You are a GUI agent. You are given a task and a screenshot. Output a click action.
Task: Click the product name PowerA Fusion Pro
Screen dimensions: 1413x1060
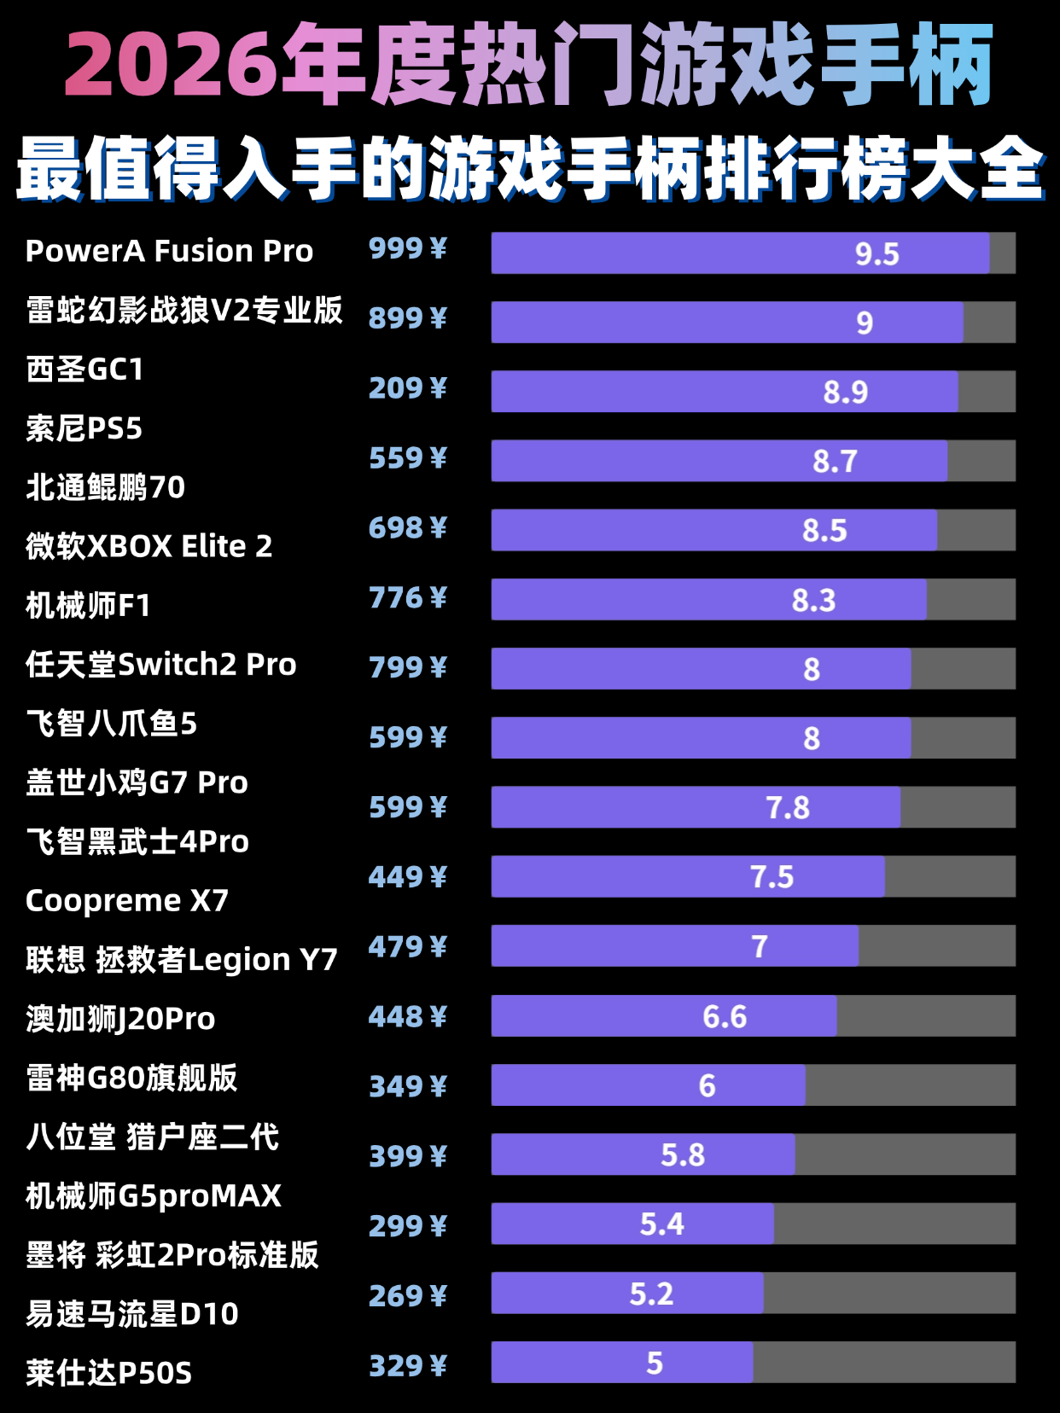tap(169, 252)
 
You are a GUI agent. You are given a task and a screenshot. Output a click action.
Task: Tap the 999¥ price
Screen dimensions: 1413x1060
tap(407, 249)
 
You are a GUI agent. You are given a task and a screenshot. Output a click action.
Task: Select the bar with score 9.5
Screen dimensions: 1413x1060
tap(739, 253)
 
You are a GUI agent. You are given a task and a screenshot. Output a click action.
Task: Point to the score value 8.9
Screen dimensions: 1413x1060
tap(845, 392)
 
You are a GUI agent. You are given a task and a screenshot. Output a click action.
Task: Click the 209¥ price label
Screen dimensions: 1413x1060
tap(407, 388)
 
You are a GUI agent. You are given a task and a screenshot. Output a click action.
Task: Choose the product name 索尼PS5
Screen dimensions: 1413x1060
tap(84, 428)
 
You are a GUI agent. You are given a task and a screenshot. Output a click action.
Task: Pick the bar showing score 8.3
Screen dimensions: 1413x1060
tap(708, 600)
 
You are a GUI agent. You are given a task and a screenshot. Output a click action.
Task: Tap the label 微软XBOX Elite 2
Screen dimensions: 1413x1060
tap(149, 546)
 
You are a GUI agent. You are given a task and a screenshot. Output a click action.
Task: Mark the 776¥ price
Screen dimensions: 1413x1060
tap(407, 598)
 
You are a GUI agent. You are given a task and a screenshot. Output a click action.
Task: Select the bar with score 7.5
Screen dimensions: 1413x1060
tap(688, 877)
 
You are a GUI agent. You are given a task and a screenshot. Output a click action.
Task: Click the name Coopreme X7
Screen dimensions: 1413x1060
tap(127, 901)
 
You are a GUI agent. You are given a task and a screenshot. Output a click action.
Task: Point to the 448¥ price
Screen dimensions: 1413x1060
tap(407, 1017)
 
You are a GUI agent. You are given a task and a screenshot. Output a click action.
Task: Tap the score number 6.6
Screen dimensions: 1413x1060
tap(725, 1017)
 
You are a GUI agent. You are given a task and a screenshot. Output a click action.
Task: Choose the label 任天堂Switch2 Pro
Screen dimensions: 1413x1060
tap(160, 665)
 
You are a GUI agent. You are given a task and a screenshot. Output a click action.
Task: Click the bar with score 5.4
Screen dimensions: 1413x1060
tap(632, 1224)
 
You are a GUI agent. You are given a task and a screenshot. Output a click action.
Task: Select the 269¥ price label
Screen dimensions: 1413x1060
tap(407, 1296)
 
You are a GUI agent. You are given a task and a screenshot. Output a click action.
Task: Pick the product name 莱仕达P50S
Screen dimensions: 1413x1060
tap(108, 1373)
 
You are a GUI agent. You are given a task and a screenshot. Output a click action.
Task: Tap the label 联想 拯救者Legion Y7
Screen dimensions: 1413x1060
tap(181, 960)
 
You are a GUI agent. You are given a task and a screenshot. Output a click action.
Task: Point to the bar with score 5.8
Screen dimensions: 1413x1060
tap(643, 1154)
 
